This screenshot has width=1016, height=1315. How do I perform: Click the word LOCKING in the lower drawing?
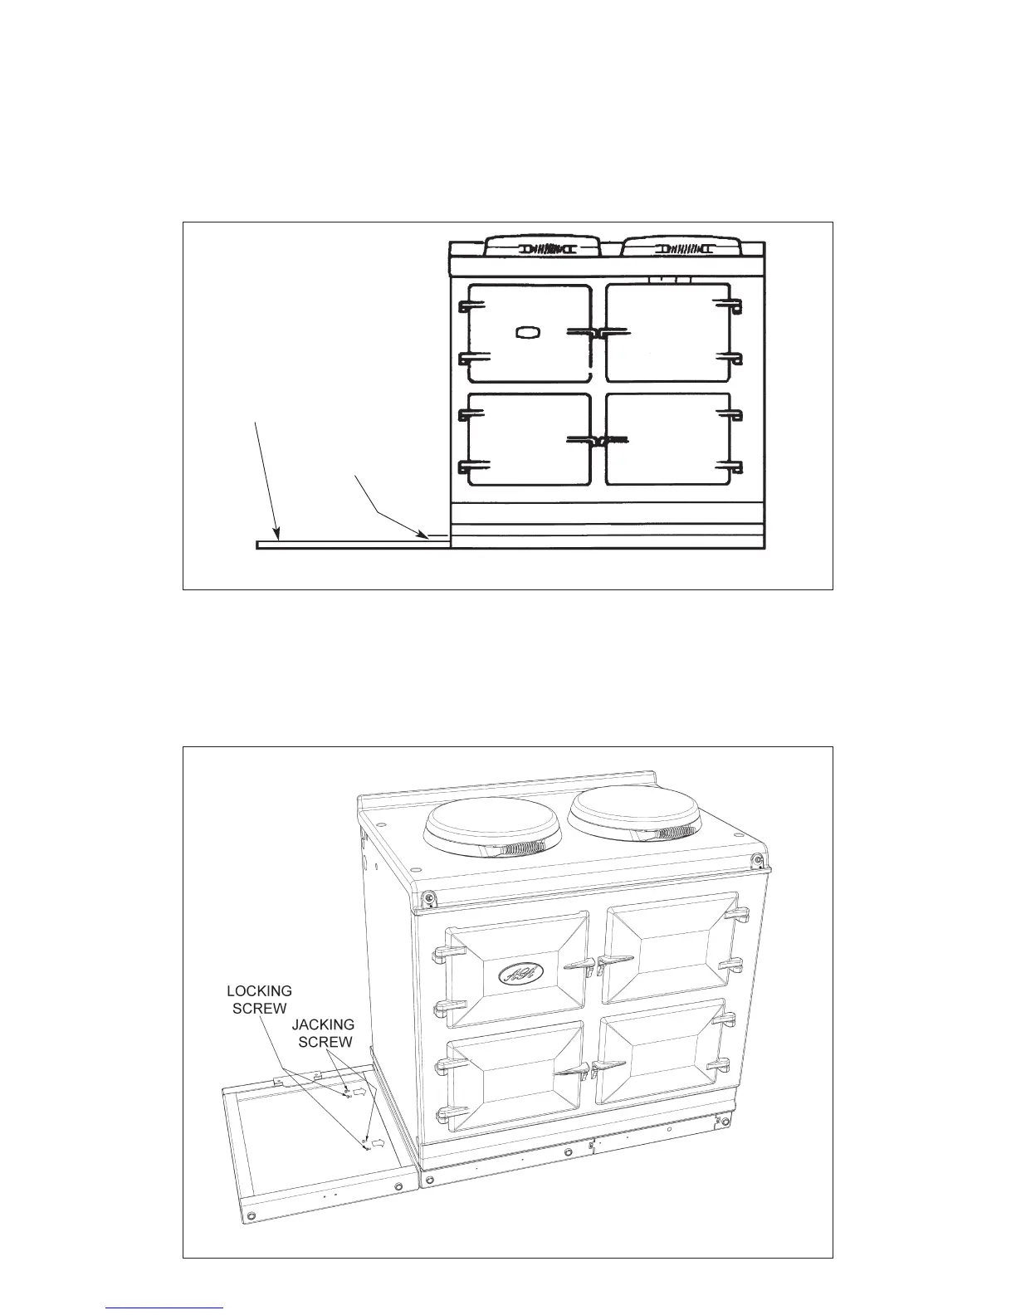click(x=260, y=991)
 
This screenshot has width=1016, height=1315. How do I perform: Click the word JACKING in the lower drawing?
click(x=323, y=1025)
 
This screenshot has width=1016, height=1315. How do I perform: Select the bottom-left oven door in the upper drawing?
click(x=529, y=439)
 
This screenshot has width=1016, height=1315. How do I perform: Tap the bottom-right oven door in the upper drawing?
click(x=668, y=439)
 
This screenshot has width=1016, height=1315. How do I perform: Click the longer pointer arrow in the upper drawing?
click(x=266, y=482)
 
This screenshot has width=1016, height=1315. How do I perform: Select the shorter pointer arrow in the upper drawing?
click(x=390, y=506)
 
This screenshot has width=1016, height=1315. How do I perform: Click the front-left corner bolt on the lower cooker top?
click(x=428, y=897)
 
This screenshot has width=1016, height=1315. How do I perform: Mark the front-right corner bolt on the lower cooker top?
click(x=758, y=859)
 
